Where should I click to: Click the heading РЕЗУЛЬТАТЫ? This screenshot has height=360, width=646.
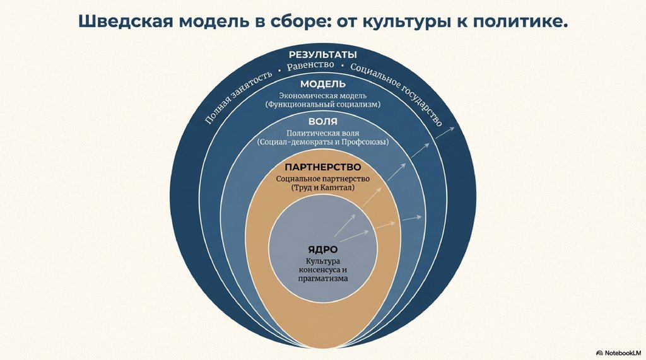click(x=322, y=54)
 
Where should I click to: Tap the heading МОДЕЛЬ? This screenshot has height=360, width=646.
click(x=322, y=84)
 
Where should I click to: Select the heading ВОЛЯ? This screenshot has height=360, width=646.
click(x=322, y=121)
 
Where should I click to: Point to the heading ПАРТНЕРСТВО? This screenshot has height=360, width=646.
click(x=322, y=167)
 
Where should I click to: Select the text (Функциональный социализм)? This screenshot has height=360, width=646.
click(x=322, y=104)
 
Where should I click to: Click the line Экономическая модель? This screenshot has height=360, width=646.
click(x=322, y=95)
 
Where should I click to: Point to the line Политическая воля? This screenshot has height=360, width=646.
click(x=322, y=133)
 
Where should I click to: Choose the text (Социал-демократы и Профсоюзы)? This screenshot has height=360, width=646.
click(x=322, y=142)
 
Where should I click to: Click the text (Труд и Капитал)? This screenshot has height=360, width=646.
click(x=322, y=188)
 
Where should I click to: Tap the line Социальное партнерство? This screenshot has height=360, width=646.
click(x=322, y=178)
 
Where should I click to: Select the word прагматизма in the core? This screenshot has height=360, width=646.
click(x=322, y=277)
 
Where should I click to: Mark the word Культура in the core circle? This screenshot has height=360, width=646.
click(x=322, y=261)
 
